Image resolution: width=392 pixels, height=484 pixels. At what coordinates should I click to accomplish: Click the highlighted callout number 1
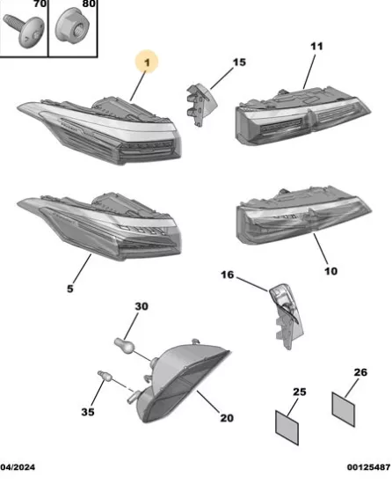[x=147, y=62]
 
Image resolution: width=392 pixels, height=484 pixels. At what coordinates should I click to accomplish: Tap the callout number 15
[x=239, y=62]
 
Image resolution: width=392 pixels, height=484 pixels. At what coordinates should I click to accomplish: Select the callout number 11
[x=316, y=47]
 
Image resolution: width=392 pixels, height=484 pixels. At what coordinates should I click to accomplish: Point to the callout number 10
[x=330, y=271]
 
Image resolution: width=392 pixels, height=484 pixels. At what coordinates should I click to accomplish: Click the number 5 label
[x=70, y=289]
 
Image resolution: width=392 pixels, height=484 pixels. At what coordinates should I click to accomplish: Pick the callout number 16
[x=228, y=275]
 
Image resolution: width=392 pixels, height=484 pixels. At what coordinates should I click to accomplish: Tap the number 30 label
[x=142, y=306]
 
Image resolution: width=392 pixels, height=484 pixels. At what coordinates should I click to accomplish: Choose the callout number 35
[x=88, y=412]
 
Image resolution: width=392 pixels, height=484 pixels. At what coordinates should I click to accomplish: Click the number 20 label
[x=227, y=418]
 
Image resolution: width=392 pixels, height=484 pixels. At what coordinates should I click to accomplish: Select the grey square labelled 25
[x=287, y=428]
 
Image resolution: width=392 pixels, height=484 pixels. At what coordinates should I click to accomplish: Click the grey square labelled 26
[x=344, y=409]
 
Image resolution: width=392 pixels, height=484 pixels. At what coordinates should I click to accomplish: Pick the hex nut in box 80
[x=72, y=26]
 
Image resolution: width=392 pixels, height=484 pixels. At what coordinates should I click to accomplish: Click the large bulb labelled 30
[x=125, y=346]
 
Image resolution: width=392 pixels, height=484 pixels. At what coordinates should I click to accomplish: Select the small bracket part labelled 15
[x=200, y=104]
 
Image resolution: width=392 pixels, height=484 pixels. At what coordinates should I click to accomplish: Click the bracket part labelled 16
[x=287, y=316]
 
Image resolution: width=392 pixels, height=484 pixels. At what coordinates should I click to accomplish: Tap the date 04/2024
[x=18, y=467]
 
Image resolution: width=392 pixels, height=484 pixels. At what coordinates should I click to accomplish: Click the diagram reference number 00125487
[x=368, y=467]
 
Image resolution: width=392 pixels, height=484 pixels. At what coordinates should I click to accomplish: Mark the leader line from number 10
[x=321, y=249]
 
